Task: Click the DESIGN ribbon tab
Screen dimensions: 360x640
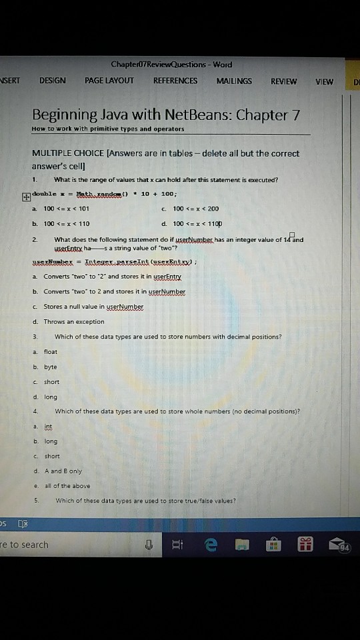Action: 53,81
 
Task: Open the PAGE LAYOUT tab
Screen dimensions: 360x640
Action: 109,81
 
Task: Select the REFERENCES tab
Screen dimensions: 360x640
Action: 175,81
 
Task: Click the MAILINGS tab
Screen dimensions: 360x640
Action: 234,81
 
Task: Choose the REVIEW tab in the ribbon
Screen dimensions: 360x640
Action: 284,81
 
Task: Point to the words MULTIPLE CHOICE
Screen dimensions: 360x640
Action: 64,153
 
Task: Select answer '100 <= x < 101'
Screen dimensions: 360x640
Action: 66,209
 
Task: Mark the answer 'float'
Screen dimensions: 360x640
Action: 51,351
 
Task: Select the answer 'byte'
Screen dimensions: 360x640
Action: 51,367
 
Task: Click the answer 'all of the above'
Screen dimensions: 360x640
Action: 67,486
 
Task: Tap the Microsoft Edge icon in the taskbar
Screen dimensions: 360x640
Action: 211,545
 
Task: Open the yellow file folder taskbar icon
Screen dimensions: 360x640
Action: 241,545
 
